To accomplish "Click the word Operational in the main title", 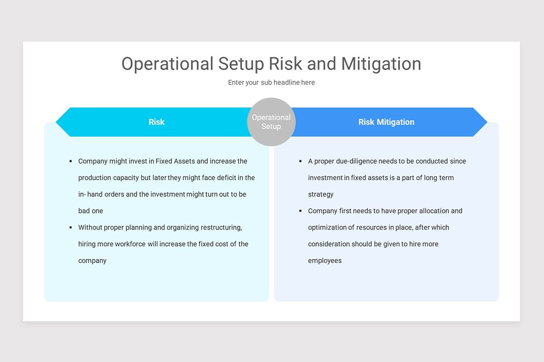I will [167, 64].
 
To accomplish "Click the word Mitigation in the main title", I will [381, 64].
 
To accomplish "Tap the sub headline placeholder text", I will [271, 82].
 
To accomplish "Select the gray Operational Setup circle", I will [271, 122].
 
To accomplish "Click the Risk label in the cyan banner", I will [156, 122].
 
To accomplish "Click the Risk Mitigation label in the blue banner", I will [386, 122].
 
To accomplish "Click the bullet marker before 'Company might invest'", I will [71, 161].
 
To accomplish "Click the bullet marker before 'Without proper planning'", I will [71, 227].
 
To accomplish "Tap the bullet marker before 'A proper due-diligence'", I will [300, 161].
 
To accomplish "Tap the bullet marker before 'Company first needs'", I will [300, 211].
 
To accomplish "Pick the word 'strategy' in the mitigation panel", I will [321, 194].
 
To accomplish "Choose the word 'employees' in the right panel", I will [325, 261].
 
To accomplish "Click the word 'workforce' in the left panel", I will [130, 244].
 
